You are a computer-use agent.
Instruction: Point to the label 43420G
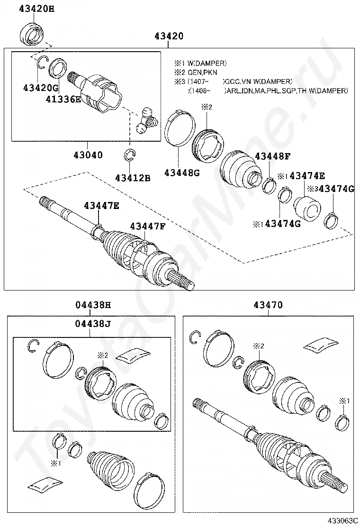coord(40,87)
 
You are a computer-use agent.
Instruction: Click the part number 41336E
coord(63,99)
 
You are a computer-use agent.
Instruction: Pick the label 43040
coord(88,154)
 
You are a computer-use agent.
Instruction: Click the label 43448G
coord(182,173)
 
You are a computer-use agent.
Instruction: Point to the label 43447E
coord(102,205)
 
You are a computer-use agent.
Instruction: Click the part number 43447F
coord(148,226)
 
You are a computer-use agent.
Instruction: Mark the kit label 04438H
coord(93,305)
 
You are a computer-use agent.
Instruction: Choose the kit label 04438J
coord(93,324)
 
